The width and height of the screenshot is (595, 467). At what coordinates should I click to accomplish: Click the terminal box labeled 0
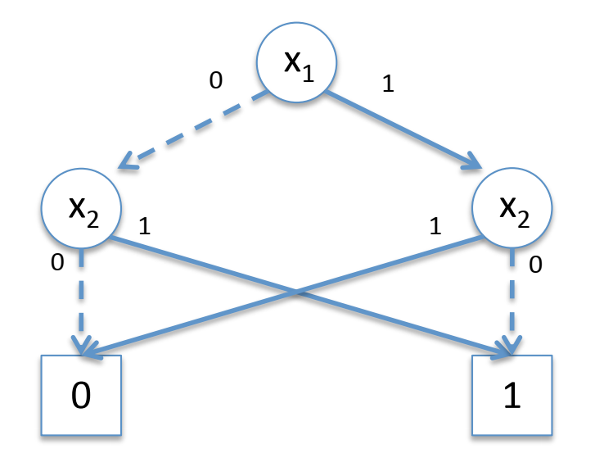[81, 395]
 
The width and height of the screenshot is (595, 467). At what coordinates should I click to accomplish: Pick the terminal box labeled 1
[513, 395]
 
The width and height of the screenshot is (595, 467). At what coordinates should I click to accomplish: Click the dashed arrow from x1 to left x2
[193, 131]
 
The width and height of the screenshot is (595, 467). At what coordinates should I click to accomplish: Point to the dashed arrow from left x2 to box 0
[81, 299]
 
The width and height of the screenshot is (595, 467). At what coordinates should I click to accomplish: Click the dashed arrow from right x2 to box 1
[513, 299]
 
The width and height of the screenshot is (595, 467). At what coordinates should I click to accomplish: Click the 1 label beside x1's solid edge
[388, 83]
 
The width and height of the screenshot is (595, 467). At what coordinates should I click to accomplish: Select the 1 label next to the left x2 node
[145, 225]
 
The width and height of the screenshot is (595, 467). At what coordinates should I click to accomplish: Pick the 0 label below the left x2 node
[56, 262]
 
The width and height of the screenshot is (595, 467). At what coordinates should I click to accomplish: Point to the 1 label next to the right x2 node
[435, 225]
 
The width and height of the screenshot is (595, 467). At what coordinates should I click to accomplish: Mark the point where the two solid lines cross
[297, 292]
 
